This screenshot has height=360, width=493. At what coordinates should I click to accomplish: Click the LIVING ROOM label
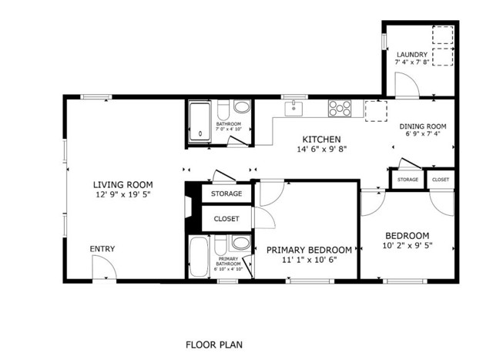[x=122, y=185]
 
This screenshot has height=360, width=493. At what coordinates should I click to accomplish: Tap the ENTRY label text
[x=102, y=249]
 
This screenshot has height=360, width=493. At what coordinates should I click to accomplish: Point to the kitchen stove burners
[x=340, y=108]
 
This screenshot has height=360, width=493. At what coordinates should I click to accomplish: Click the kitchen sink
[x=293, y=109]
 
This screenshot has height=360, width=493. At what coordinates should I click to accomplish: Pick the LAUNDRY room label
[x=411, y=54]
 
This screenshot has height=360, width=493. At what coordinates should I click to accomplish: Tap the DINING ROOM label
[x=422, y=126]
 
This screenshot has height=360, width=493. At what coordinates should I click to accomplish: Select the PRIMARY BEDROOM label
[x=309, y=250]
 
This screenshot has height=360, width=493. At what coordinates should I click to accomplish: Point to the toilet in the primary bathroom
[x=240, y=245]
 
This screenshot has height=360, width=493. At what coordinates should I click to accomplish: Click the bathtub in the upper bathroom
[x=200, y=123]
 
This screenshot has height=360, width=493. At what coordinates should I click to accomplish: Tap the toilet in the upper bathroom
[x=241, y=107]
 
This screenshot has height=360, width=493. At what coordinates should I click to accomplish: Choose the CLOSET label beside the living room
[x=226, y=219]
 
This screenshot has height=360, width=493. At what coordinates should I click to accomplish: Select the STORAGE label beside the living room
[x=226, y=193]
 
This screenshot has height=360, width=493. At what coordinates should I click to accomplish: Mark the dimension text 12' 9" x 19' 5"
[x=122, y=196]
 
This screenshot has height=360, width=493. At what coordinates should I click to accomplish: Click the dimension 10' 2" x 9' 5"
[x=407, y=246]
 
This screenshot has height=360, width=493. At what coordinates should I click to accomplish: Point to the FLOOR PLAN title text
[x=215, y=345]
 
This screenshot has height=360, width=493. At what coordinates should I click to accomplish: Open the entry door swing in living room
[x=104, y=268]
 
